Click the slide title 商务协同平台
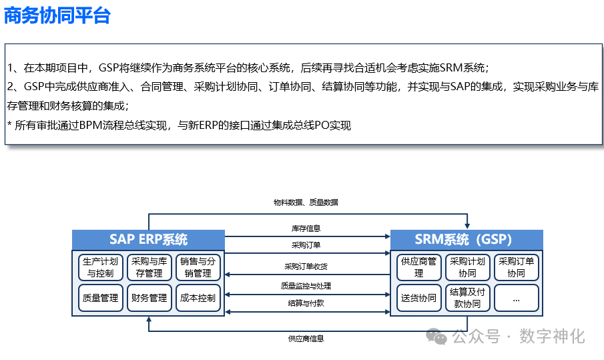(x=57, y=16)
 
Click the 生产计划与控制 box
(x=100, y=267)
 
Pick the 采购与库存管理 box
(x=149, y=267)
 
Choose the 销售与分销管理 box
(x=198, y=267)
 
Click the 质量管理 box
(x=100, y=298)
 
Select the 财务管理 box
(x=149, y=298)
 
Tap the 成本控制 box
(x=198, y=298)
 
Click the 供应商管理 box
(x=418, y=267)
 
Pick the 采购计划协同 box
(x=467, y=267)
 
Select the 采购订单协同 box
(x=516, y=267)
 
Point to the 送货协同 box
(x=418, y=298)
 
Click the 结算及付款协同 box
(x=467, y=298)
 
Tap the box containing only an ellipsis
(x=516, y=299)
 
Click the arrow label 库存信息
(x=306, y=228)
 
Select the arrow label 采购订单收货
(x=306, y=266)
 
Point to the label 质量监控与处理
(x=306, y=286)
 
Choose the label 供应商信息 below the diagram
(x=306, y=339)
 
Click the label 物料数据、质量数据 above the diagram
(x=306, y=202)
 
